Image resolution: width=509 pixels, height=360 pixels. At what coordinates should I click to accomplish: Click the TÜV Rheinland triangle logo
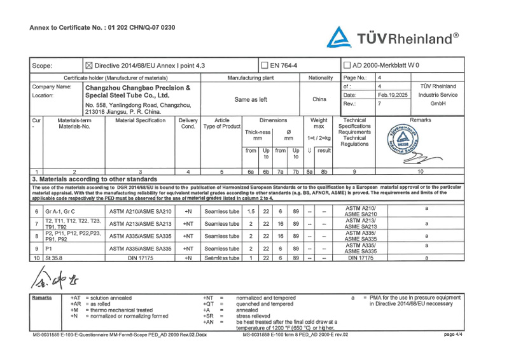tap(339, 38)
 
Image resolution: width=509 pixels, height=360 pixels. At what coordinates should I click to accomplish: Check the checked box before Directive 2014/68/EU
tap(89, 65)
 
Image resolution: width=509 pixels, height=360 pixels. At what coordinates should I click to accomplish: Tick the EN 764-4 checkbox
tap(265, 65)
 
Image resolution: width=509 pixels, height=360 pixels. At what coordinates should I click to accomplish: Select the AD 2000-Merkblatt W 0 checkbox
tap(347, 65)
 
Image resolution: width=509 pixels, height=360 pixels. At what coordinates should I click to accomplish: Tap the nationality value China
tap(319, 99)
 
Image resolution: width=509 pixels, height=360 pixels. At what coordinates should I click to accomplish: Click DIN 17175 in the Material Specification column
tap(141, 258)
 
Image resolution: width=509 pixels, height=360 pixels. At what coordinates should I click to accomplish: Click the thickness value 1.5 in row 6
tap(251, 211)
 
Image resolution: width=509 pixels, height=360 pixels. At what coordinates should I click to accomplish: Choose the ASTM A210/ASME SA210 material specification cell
tap(141, 211)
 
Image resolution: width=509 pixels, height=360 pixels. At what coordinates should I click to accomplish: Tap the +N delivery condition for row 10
tap(188, 258)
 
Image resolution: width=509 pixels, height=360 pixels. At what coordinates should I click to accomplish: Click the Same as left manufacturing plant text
tap(251, 99)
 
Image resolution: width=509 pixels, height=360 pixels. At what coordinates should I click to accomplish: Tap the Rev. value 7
tap(380, 103)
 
